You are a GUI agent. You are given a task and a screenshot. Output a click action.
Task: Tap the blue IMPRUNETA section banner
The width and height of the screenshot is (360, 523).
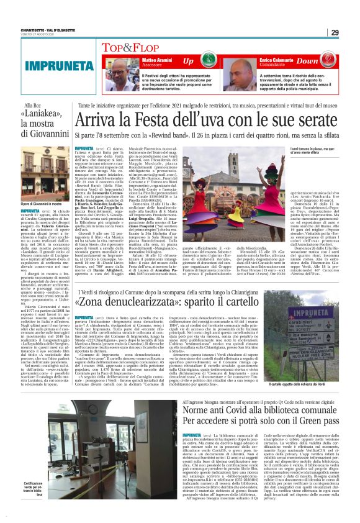click(47, 65)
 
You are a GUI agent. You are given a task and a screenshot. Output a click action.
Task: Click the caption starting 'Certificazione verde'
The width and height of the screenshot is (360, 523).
click(34, 501)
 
